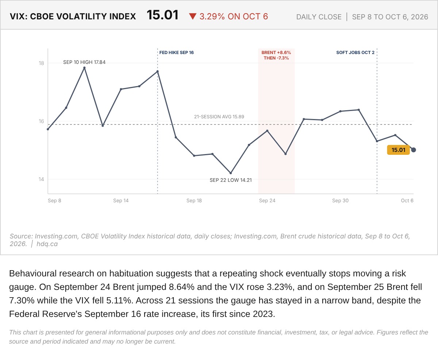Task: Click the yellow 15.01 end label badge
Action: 398,150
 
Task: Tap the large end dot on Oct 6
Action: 413,150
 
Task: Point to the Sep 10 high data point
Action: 84,68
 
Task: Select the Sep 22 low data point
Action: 231,173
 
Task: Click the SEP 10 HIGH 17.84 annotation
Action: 84,62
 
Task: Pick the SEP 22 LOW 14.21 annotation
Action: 231,180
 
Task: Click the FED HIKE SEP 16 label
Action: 176,53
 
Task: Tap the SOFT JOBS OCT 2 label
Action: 355,53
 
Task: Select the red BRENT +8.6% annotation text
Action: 276,53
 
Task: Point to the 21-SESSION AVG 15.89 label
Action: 219,117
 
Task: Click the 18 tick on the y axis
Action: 41,63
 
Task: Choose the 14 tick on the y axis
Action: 41,179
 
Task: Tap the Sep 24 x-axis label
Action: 267,200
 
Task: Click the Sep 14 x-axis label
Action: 121,200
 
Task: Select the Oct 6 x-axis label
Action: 407,200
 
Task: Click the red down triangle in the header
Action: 192,16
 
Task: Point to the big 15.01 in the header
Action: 162,15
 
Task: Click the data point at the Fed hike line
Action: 157,72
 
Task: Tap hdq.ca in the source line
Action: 47,244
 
